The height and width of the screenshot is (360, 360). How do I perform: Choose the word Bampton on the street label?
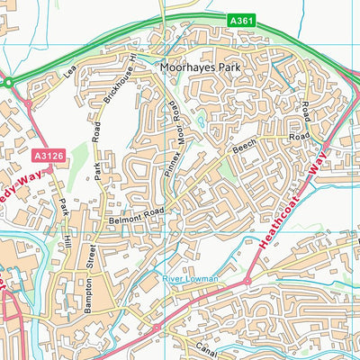[89, 298]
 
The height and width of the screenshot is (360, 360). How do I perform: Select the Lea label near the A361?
[70, 69]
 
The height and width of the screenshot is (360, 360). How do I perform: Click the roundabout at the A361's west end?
[8, 83]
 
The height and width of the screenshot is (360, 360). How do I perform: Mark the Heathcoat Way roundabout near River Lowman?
[246, 282]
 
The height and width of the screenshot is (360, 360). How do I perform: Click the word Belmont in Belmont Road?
[122, 218]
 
